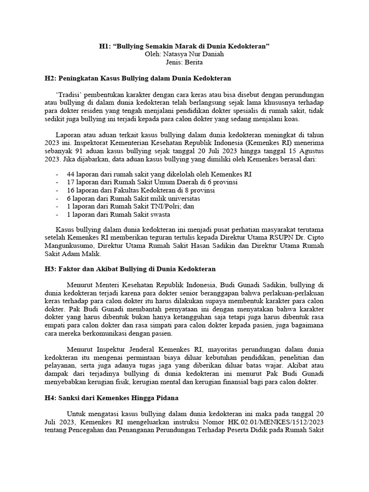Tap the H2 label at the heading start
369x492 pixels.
pyautogui.click(x=50, y=77)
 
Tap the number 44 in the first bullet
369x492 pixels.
pyautogui.click(x=71, y=173)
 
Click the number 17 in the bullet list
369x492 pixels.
pyautogui.click(x=71, y=182)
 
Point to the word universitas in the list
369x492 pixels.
pyautogui.click(x=184, y=198)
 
